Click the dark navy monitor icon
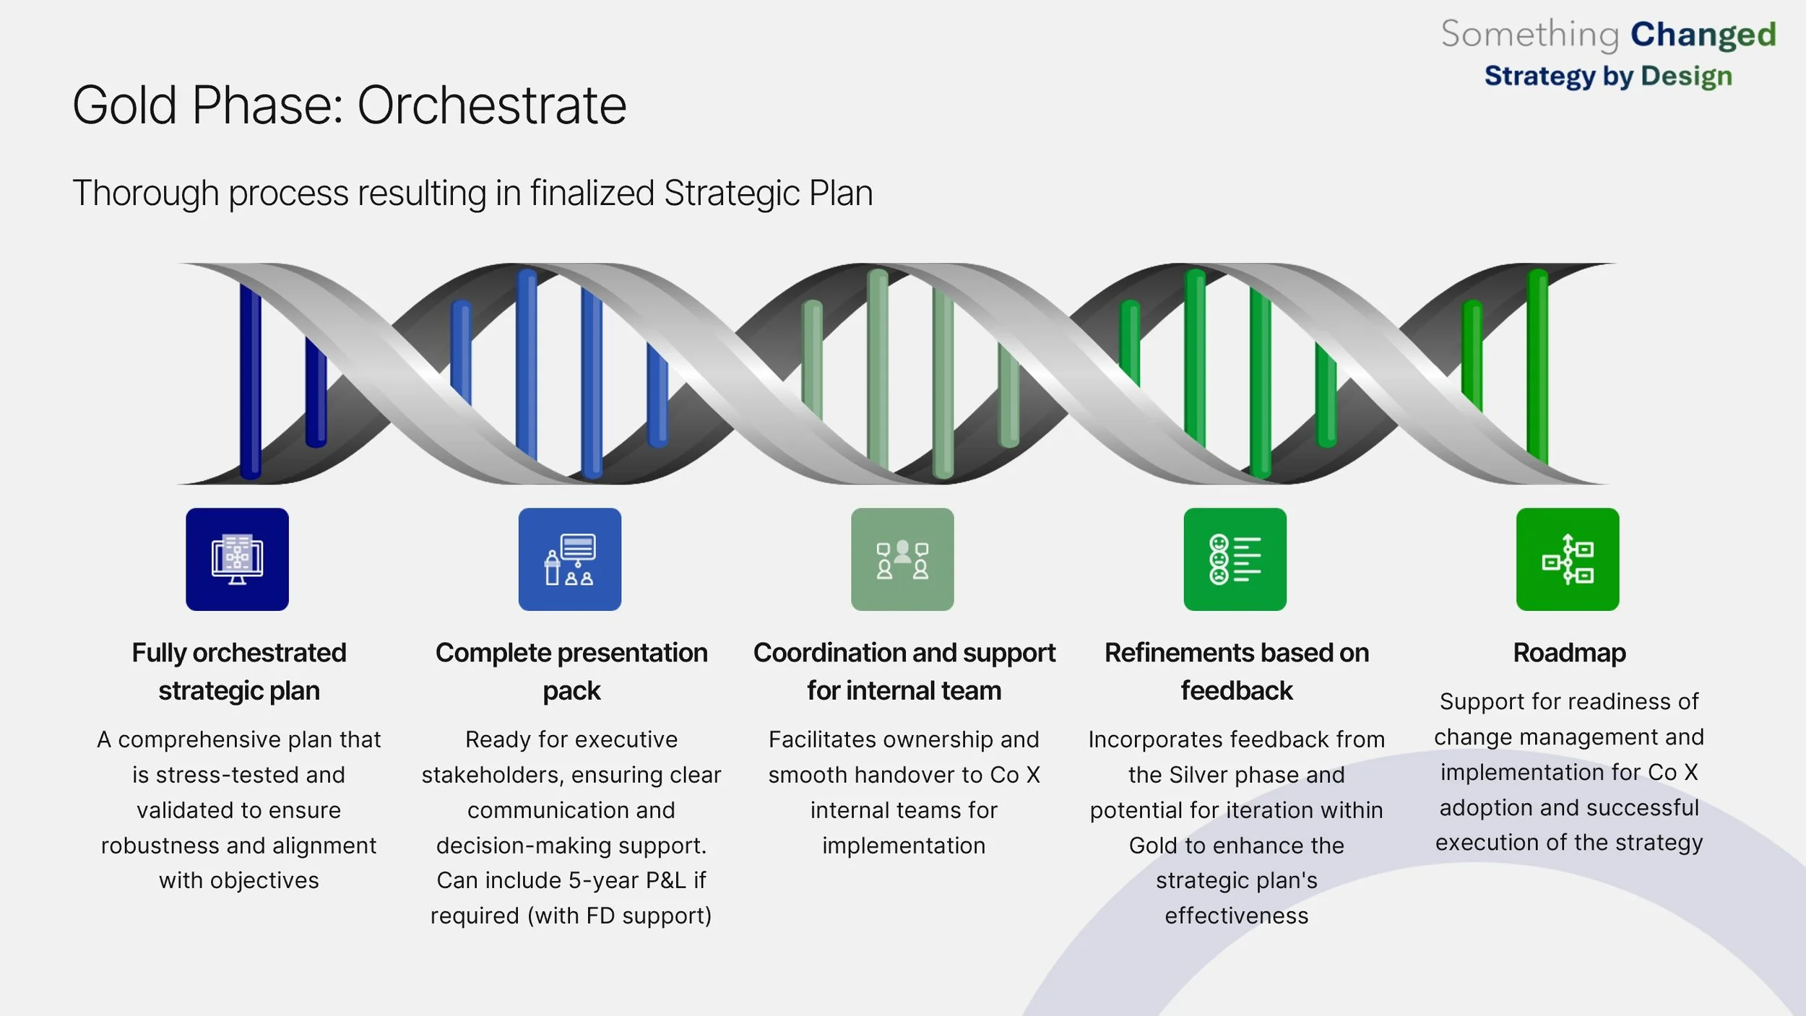[x=237, y=559]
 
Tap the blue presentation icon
[x=569, y=559]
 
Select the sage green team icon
[x=902, y=559]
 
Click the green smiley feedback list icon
[x=1235, y=559]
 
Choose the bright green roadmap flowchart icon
[x=1568, y=559]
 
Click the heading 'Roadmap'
[x=1569, y=653]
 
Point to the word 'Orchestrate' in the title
[x=491, y=105]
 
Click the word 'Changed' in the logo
[x=1703, y=35]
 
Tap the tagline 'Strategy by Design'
[x=1608, y=76]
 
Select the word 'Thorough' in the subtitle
[x=145, y=194]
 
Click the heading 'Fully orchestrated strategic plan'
[x=239, y=672]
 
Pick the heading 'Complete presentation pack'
[x=571, y=672]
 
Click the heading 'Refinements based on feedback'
[x=1237, y=672]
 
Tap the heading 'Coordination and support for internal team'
[x=904, y=672]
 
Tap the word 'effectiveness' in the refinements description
[x=1236, y=916]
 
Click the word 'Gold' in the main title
[x=124, y=105]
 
